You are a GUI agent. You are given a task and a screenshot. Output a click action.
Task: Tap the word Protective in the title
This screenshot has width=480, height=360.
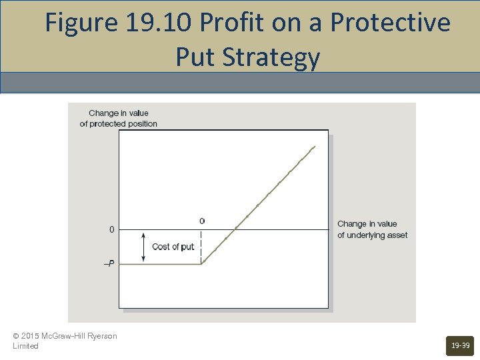tap(390, 23)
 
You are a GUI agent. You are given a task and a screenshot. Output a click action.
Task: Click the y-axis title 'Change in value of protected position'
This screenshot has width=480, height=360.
tap(119, 118)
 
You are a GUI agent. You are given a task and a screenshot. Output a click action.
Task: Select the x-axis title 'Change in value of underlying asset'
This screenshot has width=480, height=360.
tap(372, 229)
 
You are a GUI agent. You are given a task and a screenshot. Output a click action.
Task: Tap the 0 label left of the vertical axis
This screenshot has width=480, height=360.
tap(111, 230)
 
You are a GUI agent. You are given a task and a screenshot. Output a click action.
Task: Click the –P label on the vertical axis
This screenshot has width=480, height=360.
tap(109, 264)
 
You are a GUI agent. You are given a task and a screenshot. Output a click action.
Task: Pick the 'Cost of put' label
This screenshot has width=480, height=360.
tap(173, 247)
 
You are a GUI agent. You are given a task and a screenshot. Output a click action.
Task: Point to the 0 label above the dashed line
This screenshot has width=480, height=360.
tap(202, 221)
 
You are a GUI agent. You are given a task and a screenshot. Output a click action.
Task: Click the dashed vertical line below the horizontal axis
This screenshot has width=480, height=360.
tap(201, 247)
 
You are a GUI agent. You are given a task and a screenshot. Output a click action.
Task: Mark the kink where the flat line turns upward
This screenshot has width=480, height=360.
tap(202, 264)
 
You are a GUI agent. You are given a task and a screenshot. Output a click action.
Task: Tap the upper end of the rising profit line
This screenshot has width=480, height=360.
tap(313, 147)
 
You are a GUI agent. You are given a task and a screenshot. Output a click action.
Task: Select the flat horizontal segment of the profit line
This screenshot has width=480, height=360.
tap(160, 264)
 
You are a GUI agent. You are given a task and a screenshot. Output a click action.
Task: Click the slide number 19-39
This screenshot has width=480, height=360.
tap(460, 345)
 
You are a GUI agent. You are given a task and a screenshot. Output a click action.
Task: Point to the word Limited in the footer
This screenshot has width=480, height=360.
tap(25, 346)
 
